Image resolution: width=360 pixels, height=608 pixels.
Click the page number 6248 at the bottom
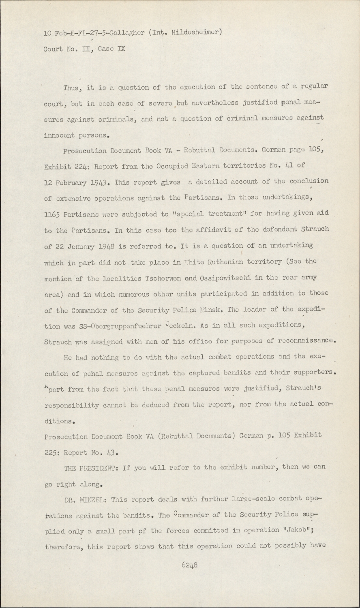(x=190, y=565)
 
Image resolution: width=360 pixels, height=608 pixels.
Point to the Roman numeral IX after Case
(x=121, y=49)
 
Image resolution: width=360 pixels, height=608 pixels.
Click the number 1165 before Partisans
(x=52, y=214)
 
